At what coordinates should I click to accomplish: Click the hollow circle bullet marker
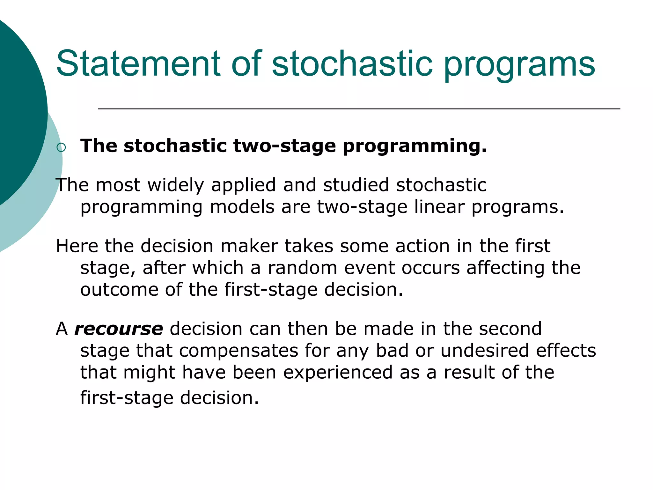coord(61,147)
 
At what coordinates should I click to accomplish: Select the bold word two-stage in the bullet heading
coord(284,146)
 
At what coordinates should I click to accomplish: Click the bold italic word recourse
coord(119,329)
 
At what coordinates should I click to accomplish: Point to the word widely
coord(175,185)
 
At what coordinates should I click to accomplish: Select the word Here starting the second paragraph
coord(77,246)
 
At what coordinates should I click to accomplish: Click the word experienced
coord(338,373)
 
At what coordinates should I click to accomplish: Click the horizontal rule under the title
coord(359,109)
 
